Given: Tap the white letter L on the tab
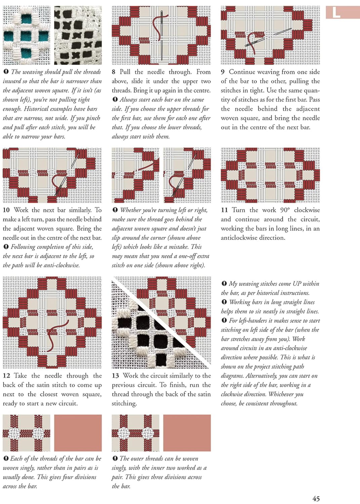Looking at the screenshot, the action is click(x=336, y=13).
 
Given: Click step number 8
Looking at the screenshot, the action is click(x=114, y=72).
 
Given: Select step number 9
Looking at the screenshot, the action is click(x=223, y=72).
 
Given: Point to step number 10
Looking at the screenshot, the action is click(x=6, y=210).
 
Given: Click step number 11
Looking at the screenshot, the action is click(x=224, y=210).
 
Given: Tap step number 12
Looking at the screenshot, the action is click(x=6, y=376).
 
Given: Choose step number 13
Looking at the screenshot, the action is click(x=115, y=376).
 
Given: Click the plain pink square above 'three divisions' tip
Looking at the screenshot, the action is click(x=187, y=433).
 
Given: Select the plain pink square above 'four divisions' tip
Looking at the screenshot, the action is click(x=78, y=433).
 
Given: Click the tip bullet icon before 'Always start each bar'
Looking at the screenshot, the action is click(x=115, y=99).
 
